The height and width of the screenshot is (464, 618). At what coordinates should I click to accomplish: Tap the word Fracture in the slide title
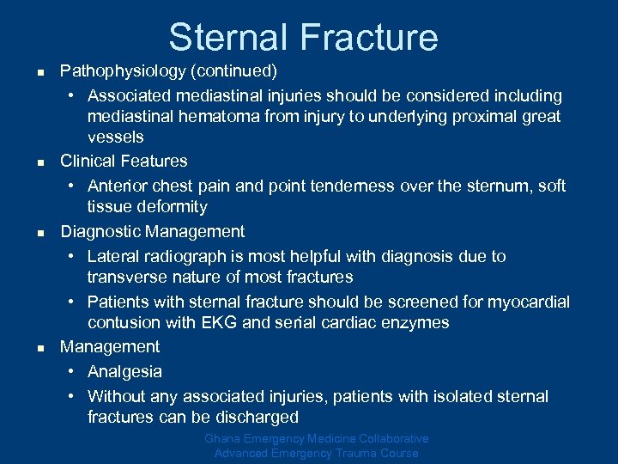tap(370, 37)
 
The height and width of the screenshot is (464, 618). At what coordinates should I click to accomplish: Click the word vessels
tap(116, 137)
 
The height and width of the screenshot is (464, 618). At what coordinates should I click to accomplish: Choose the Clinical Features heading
tap(124, 161)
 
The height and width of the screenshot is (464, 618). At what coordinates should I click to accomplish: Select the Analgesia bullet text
tap(124, 372)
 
